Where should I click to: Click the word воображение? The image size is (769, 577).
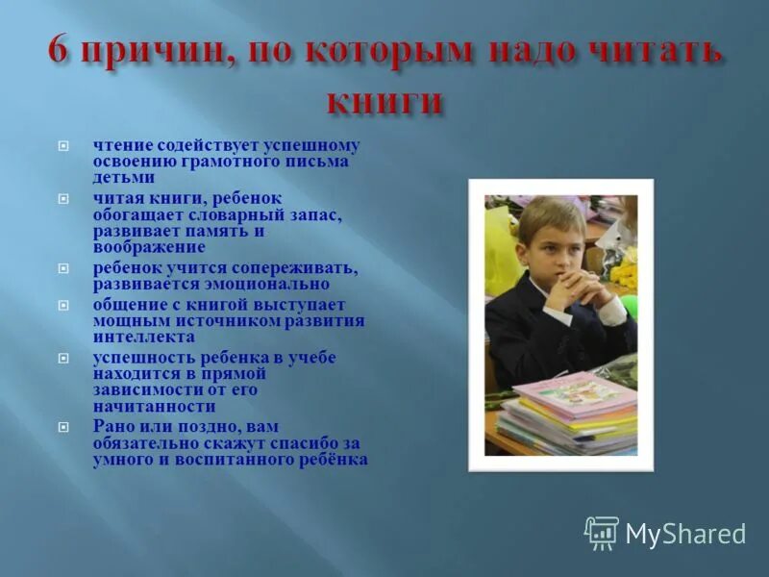click(x=149, y=247)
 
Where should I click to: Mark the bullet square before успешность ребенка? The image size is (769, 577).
click(x=63, y=358)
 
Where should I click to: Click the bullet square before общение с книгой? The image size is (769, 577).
click(x=63, y=305)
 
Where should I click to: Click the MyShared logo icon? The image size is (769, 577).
click(x=602, y=532)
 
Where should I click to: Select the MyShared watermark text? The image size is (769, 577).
click(x=685, y=534)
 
